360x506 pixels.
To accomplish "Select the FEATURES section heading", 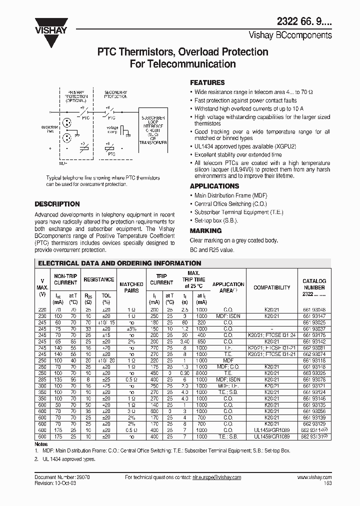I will (x=207, y=82).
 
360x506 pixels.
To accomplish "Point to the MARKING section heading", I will (x=205, y=230).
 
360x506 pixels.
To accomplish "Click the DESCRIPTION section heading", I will (x=57, y=204).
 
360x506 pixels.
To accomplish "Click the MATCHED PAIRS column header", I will (x=131, y=287).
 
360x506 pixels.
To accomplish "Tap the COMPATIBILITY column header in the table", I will (x=271, y=287).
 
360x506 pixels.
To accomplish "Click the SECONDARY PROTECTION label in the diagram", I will (x=115, y=94).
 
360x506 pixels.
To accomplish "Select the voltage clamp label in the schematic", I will (x=113, y=130).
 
